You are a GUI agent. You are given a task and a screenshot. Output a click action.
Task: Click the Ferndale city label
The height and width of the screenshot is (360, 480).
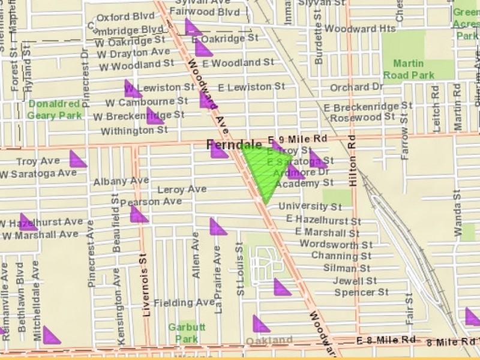[235, 145]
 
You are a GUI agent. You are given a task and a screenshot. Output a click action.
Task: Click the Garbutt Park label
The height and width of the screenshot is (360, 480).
[183, 333]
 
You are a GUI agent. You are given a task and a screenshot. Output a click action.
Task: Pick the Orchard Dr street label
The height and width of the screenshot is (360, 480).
[356, 88]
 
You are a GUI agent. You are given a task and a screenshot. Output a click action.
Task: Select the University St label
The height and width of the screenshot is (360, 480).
[310, 207]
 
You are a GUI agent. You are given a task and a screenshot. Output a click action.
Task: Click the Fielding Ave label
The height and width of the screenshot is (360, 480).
[184, 303]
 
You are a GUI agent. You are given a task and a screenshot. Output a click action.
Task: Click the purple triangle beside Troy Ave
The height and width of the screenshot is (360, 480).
[77, 160]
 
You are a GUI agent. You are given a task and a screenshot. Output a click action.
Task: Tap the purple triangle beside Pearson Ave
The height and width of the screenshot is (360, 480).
[139, 215]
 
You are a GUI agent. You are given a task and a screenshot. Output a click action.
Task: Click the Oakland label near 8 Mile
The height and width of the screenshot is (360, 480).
[269, 341]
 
